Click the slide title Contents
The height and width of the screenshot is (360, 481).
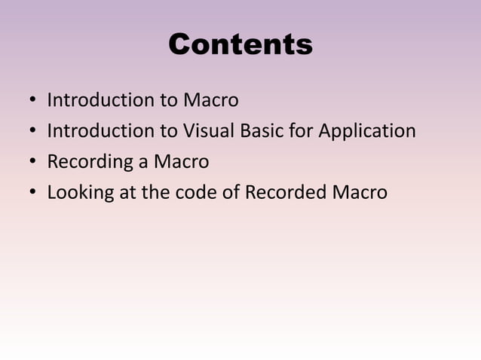point(240,44)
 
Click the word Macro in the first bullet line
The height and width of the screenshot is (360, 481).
point(210,100)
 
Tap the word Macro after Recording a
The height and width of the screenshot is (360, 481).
point(181,162)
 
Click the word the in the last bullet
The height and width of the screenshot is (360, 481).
point(155,193)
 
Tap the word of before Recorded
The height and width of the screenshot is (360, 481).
point(231,193)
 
